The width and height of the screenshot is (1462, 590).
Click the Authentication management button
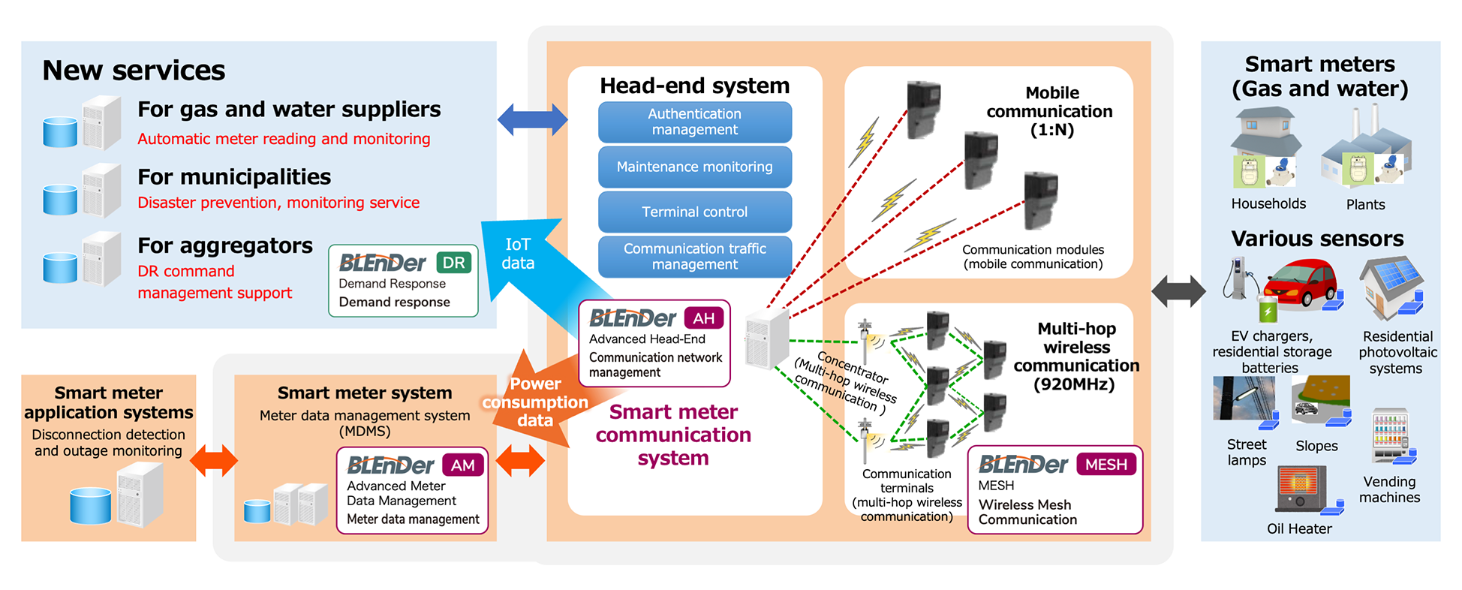tap(694, 122)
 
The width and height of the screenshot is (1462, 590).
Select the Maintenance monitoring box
tap(694, 167)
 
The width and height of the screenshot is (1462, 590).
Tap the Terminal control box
tap(694, 212)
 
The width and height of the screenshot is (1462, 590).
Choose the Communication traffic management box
tap(694, 256)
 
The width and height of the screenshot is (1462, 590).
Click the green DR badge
tap(453, 263)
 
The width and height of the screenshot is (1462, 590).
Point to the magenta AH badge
tap(703, 318)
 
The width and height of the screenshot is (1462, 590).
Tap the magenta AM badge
tap(462, 465)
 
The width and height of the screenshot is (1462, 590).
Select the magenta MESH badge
tap(1106, 465)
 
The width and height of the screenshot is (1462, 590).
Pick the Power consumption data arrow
tap(536, 402)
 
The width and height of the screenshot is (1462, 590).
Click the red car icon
tap(1300, 284)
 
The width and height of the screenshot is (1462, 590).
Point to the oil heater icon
tap(1301, 489)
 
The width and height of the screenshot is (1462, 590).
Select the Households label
tap(1268, 204)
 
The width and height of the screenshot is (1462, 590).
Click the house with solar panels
tap(1390, 286)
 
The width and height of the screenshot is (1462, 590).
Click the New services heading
tap(134, 71)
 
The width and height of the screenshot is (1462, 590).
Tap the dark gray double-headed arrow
tap(1178, 290)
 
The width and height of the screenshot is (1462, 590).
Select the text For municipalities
tap(234, 177)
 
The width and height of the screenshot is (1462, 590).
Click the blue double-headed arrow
tap(532, 119)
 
